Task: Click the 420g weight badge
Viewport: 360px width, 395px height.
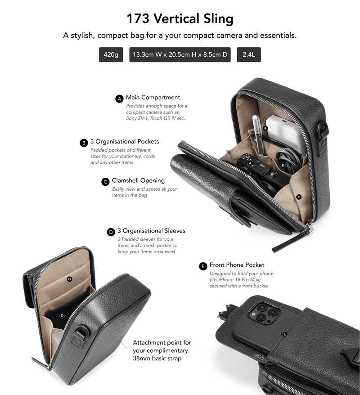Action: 111,54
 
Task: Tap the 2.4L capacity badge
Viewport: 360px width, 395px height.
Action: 249,54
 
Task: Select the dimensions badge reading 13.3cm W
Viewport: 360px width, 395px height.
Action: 180,54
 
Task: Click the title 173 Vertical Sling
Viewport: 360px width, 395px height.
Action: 180,18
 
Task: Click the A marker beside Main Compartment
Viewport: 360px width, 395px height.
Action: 119,99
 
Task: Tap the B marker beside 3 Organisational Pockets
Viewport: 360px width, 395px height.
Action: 84,143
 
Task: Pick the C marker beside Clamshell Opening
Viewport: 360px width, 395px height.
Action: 105,182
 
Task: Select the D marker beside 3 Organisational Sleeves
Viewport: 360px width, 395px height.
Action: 111,232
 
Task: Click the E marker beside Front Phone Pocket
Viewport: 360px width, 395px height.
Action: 203,266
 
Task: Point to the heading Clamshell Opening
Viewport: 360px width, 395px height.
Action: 138,180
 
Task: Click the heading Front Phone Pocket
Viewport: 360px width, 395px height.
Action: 237,265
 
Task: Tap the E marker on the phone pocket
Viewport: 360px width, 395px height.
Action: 285,334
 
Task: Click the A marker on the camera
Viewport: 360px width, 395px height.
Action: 250,163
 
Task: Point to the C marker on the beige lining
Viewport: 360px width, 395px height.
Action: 299,197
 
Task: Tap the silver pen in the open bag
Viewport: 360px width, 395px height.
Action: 258,134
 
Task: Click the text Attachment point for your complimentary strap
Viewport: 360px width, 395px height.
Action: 162,350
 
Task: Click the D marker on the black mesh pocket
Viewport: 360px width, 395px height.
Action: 62,315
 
